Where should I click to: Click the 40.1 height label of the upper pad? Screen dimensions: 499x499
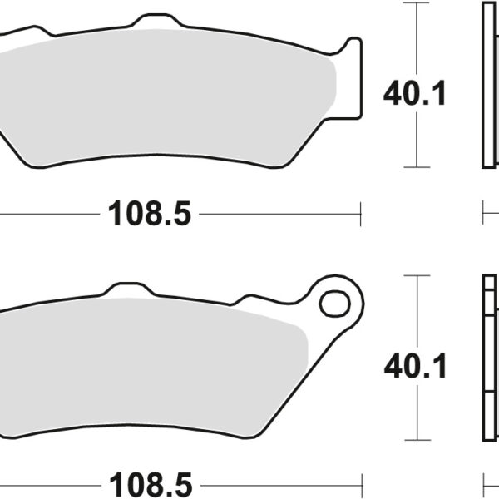click(x=415, y=93)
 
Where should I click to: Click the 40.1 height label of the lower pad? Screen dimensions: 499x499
click(x=415, y=365)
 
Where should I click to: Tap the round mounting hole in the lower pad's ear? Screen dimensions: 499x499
click(x=335, y=303)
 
